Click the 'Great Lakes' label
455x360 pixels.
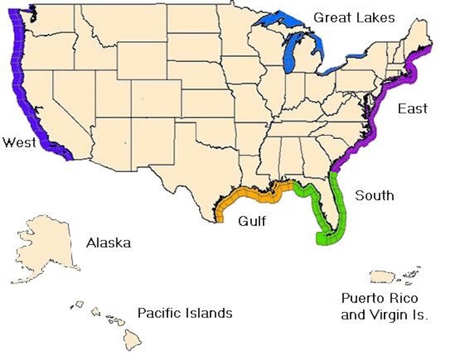(354, 17)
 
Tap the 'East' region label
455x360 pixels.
(412, 109)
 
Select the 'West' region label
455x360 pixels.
(19, 143)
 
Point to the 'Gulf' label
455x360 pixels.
(252, 222)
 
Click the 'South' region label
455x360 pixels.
(374, 195)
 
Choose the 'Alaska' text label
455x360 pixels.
(108, 243)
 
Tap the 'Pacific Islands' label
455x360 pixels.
(185, 313)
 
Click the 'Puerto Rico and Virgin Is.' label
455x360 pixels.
(384, 307)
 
